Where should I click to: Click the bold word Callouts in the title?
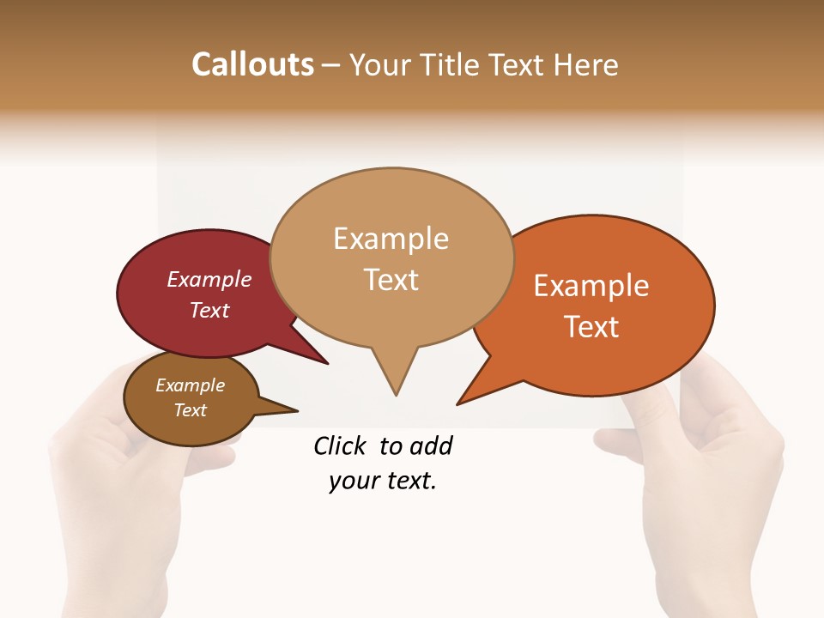pos(252,64)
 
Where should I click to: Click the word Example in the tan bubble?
pos(391,239)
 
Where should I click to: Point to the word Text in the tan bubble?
pos(391,280)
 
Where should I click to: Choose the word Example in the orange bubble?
pos(591,286)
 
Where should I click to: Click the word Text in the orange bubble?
pos(592,327)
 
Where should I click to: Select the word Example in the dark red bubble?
pos(209,280)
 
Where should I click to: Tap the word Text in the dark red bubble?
pos(209,310)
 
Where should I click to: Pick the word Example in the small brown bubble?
pos(191,385)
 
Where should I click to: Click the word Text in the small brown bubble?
pos(191,410)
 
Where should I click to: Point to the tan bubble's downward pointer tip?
pos(396,394)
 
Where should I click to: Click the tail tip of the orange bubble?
pos(459,403)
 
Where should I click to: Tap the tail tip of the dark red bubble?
pos(326,363)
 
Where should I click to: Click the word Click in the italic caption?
pos(340,445)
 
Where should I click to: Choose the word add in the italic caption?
pos(431,445)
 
